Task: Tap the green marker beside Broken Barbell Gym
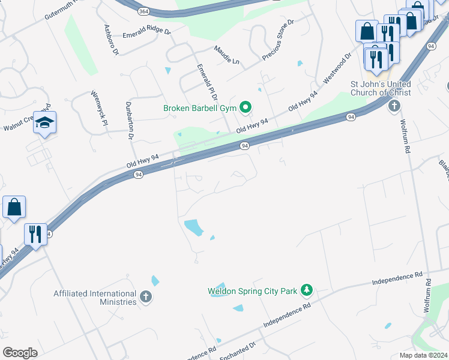245,107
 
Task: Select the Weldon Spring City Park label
253,292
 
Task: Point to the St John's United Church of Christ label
381,88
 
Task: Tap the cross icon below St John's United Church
394,107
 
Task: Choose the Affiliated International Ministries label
95,298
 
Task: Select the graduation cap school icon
44,123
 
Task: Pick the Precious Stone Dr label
278,40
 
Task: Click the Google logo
20,353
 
